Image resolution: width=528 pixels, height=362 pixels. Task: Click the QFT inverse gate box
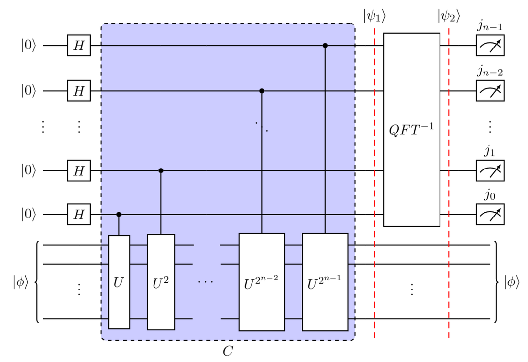(411, 130)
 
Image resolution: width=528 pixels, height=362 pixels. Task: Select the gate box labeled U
(119, 282)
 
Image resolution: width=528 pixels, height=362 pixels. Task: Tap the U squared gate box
(161, 282)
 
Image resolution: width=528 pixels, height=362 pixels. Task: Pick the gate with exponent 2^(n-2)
(261, 282)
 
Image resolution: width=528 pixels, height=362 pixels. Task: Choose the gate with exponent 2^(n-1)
(325, 282)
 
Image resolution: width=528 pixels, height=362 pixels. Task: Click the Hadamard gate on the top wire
(79, 46)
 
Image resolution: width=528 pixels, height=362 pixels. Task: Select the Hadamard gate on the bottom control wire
(79, 215)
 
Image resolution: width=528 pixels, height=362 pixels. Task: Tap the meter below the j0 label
(489, 215)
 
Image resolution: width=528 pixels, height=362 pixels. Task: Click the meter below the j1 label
(489, 171)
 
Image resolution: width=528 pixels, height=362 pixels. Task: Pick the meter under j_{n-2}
(489, 91)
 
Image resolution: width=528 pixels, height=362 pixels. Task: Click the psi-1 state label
(374, 16)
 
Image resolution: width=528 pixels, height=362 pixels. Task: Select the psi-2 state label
(448, 16)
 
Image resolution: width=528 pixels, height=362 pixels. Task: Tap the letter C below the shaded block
(227, 351)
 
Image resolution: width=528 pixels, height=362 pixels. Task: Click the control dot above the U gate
(119, 215)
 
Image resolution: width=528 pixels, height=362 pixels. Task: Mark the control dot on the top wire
(325, 46)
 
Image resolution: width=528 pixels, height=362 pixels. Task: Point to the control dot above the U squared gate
(161, 171)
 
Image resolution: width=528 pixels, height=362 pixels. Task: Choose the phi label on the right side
(512, 282)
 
